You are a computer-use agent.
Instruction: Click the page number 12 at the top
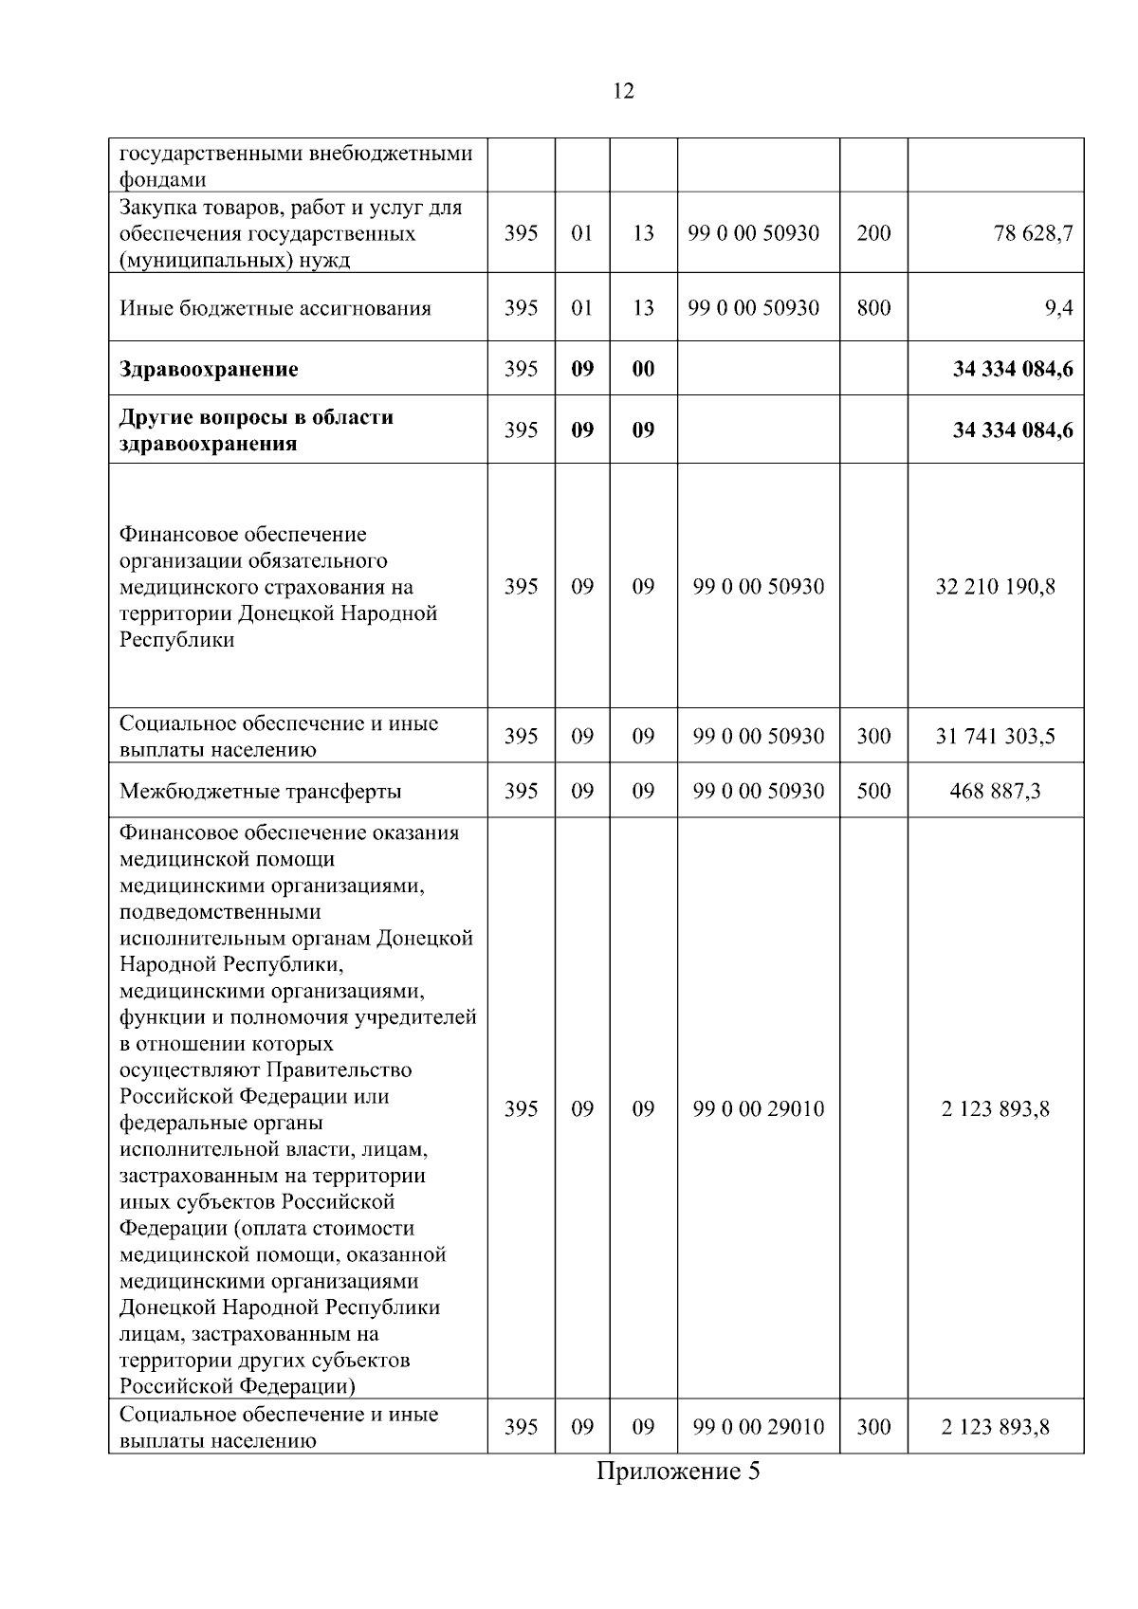pos(624,91)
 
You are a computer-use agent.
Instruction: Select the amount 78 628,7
pos(1033,233)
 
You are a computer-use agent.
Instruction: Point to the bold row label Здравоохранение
pos(209,369)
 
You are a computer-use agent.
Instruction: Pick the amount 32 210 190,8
pos(995,587)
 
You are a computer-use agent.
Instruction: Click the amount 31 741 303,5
pos(995,737)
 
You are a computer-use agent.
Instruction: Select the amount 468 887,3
pos(995,791)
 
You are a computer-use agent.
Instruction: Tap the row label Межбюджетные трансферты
pos(260,791)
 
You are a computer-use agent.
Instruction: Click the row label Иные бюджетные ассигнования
pos(275,308)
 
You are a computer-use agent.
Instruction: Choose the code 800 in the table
pos(873,308)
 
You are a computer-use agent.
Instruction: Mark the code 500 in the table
pos(873,791)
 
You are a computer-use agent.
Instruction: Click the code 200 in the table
pos(873,233)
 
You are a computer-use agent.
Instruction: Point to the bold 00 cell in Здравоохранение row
pos(643,369)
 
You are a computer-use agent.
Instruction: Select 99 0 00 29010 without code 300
pos(759,1108)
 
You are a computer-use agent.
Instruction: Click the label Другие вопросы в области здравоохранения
pos(256,430)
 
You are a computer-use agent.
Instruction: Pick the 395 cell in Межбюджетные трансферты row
pos(521,791)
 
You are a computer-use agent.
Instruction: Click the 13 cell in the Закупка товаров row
pos(643,233)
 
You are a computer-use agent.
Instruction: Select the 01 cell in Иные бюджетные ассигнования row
pos(582,308)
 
